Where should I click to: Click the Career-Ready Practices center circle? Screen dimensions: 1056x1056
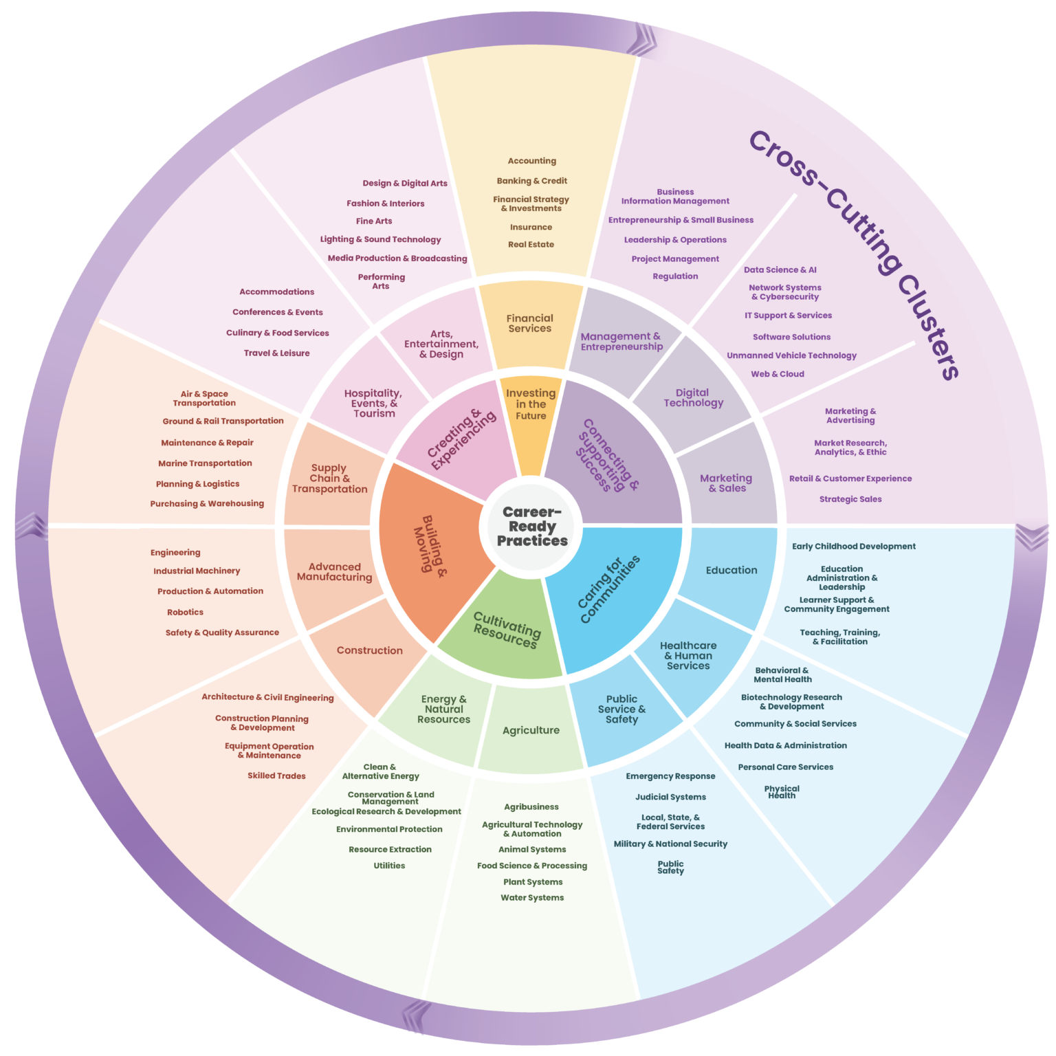531,527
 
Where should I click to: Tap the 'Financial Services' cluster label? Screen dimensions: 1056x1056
529,323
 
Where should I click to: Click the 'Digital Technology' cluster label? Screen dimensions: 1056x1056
693,397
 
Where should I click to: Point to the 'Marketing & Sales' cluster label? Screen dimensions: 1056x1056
726,483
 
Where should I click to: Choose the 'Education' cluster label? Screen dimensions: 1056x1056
731,570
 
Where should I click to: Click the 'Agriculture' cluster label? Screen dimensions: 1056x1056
531,730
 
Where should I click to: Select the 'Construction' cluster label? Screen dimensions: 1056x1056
369,650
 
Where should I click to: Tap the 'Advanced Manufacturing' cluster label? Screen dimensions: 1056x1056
334,572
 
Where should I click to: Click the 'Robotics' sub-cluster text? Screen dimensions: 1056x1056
185,612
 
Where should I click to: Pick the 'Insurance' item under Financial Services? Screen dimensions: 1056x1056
531,227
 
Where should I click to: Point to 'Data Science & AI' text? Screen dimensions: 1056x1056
780,269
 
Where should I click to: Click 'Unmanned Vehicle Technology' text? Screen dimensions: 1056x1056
791,355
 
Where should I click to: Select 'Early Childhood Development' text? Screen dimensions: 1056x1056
853,547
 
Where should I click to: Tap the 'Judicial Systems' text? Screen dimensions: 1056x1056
670,797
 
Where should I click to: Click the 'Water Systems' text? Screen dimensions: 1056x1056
532,897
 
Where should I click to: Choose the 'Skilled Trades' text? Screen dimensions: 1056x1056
276,775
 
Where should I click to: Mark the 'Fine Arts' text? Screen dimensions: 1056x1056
374,221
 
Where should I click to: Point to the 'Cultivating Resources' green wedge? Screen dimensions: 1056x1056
505,629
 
